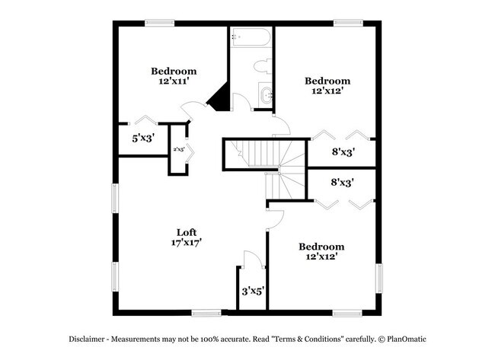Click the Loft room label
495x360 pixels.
click(x=186, y=233)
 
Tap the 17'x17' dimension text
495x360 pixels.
click(x=186, y=243)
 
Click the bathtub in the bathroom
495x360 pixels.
click(x=251, y=37)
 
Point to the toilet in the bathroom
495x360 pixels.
click(x=263, y=65)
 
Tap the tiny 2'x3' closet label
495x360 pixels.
click(x=179, y=150)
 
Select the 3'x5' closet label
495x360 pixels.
click(x=252, y=291)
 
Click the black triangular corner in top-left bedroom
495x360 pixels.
click(x=220, y=98)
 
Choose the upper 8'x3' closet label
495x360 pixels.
click(x=343, y=151)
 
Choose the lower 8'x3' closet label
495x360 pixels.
click(x=341, y=183)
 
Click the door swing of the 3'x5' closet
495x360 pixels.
click(x=254, y=259)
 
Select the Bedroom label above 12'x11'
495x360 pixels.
click(x=173, y=72)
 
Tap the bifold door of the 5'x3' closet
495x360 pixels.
click(x=145, y=119)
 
